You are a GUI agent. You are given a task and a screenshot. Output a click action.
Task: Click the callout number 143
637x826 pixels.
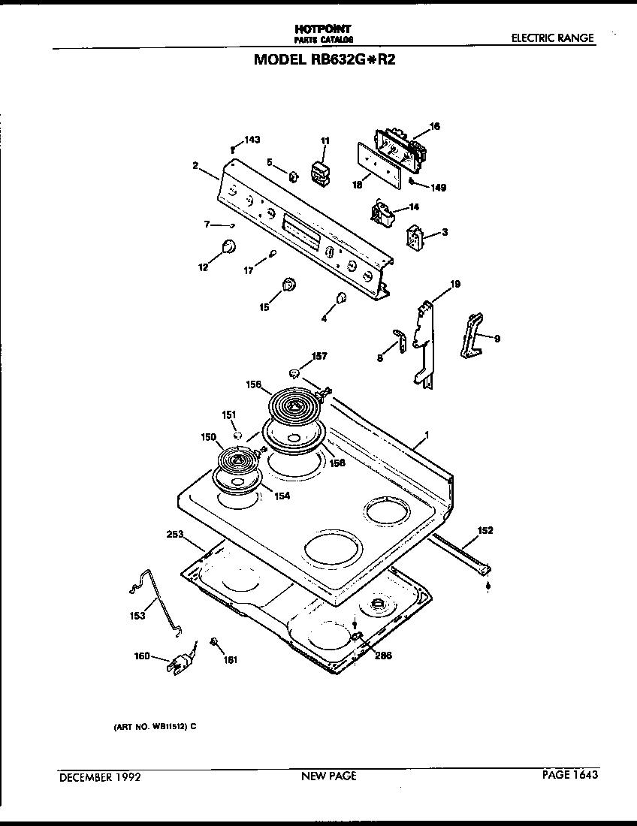(252, 140)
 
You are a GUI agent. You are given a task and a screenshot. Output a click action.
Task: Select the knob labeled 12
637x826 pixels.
(228, 246)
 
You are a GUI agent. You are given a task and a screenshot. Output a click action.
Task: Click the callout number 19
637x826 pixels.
(454, 285)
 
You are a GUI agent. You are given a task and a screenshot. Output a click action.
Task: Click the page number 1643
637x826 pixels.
(584, 775)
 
